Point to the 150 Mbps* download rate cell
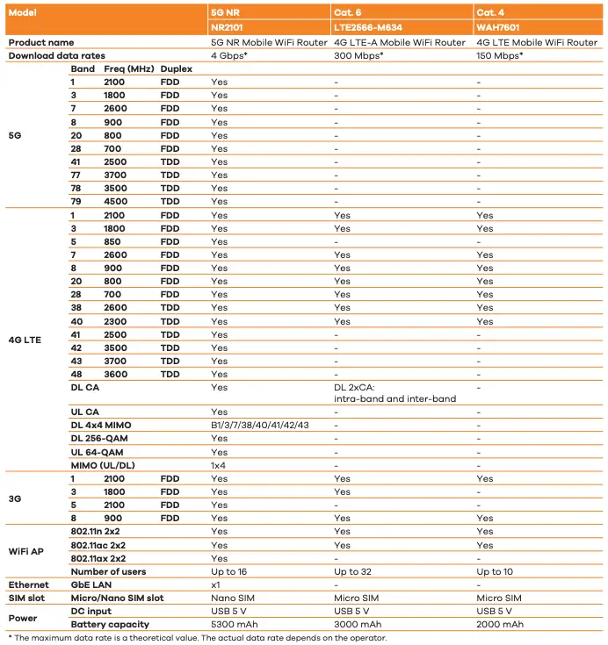point(500,55)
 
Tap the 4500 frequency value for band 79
point(115,201)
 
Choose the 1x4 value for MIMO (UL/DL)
point(220,465)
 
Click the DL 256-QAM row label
point(101,439)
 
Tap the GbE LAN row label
point(91,584)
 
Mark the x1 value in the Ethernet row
point(215,584)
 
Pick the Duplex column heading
point(177,68)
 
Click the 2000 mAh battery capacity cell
point(500,624)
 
